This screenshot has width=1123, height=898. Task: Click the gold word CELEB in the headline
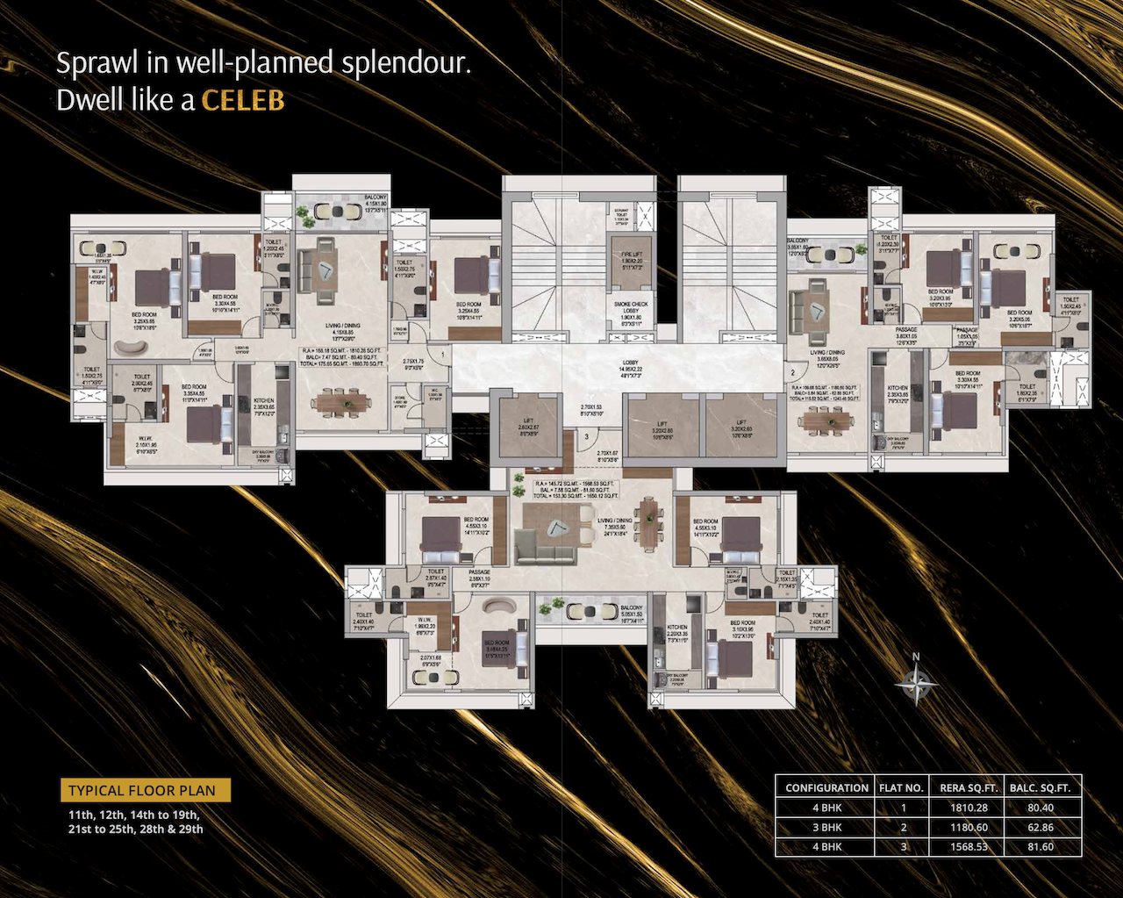(243, 100)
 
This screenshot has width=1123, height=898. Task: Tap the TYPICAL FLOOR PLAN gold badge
(142, 790)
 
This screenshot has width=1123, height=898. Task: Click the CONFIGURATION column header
(826, 787)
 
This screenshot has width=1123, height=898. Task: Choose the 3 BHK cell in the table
(826, 827)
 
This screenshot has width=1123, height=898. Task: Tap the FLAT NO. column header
(901, 787)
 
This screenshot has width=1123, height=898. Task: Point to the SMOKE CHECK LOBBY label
(632, 308)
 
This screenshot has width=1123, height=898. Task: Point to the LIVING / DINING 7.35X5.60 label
(614, 525)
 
